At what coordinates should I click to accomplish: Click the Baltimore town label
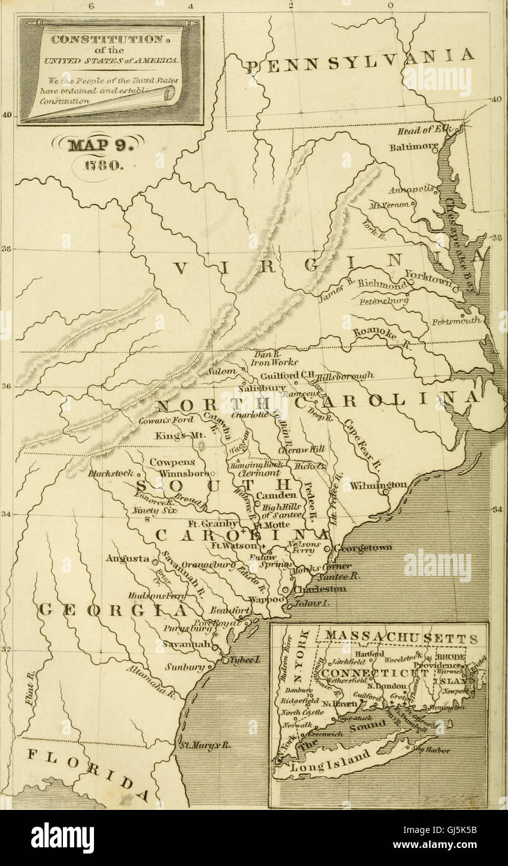pyautogui.click(x=413, y=148)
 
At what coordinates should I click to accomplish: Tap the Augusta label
pyautogui.click(x=128, y=558)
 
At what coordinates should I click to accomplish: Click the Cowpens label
pyautogui.click(x=172, y=462)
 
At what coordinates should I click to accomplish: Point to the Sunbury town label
pyautogui.click(x=186, y=667)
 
